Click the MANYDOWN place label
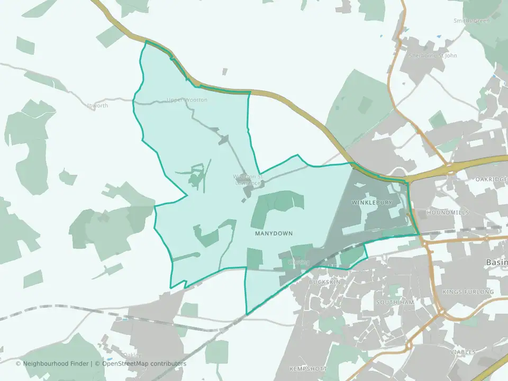coord(274,233)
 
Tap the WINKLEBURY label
coord(371,203)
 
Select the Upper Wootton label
coord(187,100)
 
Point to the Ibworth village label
coord(97,106)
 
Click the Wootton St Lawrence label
coord(248,179)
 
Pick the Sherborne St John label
coord(433,56)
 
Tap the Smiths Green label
coord(471,21)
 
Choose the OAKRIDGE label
coord(491,179)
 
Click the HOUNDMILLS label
coord(447,212)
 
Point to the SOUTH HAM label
coord(393,302)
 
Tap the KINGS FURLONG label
coord(468,292)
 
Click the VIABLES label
coord(463,352)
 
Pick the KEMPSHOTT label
coord(306,368)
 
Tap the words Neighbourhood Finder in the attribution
coord(56,364)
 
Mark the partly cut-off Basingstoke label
coord(497,262)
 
